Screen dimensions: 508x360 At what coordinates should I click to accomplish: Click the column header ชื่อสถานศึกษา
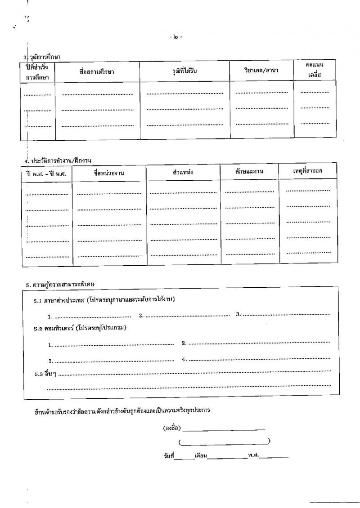(x=96, y=72)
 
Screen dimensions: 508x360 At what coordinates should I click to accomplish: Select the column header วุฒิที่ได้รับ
(x=185, y=71)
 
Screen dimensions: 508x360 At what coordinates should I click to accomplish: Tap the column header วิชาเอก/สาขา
(x=261, y=71)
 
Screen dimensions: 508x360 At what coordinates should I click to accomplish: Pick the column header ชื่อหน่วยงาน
(x=109, y=173)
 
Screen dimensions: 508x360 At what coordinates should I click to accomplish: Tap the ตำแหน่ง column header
(x=183, y=172)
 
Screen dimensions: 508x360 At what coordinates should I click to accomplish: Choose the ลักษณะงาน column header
(x=249, y=171)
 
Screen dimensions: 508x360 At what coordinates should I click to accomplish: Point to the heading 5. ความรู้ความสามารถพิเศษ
(x=63, y=285)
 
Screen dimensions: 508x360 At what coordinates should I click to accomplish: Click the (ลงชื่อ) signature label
(x=172, y=428)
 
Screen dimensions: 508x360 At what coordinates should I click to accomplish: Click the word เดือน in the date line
(x=201, y=456)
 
